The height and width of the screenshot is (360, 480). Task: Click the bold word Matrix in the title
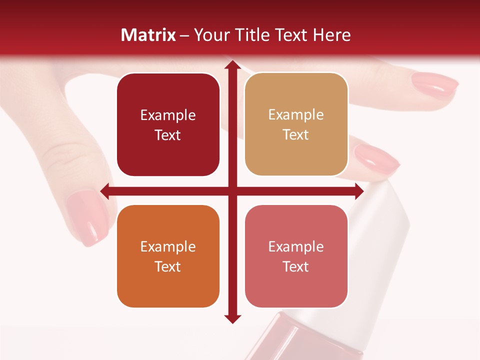[148, 35]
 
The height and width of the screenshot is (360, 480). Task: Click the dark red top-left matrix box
[168, 124]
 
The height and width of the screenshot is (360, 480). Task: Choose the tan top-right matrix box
[296, 124]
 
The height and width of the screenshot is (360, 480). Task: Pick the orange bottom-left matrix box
[168, 256]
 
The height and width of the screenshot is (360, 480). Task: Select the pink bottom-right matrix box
[296, 256]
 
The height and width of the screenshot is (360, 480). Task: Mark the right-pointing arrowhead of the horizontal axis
[358, 190]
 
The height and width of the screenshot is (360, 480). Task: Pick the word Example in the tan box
[296, 114]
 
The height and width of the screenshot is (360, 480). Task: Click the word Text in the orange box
[168, 266]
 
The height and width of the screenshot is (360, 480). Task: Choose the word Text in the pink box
[296, 266]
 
